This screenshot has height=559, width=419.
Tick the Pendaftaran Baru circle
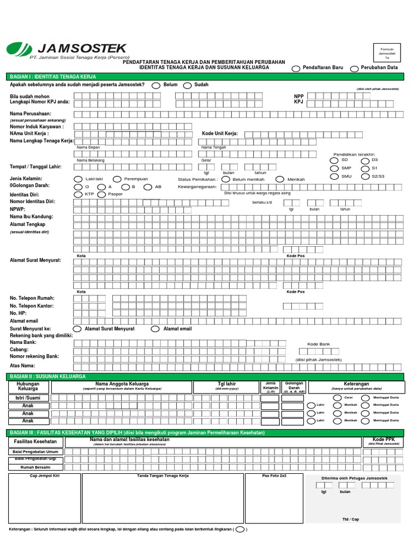coord(296,68)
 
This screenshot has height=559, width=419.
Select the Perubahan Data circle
coord(355,68)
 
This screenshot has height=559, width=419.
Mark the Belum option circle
coord(155,86)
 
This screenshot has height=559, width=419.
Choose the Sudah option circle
coord(187,86)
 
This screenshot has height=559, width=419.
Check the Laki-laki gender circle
coord(77,179)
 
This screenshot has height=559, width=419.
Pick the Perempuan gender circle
coord(117,179)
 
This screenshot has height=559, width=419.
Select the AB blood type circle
coord(147,187)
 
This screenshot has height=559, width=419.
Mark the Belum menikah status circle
coord(225,179)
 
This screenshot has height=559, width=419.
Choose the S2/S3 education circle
coord(364,176)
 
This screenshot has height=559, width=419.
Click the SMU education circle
coord(334,176)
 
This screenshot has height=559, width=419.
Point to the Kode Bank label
coord(319,344)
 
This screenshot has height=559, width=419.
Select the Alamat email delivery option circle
coord(155,329)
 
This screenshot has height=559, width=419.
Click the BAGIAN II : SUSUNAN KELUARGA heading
coord(48,377)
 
